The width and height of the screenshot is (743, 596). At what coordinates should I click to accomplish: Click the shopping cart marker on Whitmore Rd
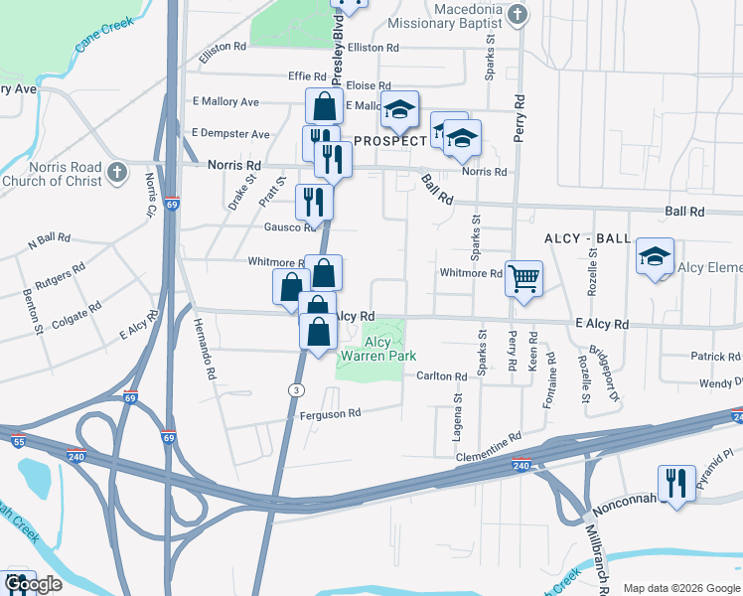pyautogui.click(x=522, y=278)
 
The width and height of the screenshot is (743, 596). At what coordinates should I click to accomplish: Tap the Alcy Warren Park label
pyautogui.click(x=377, y=348)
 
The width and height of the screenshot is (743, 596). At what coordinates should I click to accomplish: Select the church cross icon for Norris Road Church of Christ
pyautogui.click(x=117, y=173)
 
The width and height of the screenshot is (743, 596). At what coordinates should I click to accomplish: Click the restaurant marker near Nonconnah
pyautogui.click(x=675, y=484)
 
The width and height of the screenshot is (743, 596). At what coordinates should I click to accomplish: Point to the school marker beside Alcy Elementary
pyautogui.click(x=655, y=256)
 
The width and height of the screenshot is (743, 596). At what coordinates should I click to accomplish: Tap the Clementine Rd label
pyautogui.click(x=490, y=445)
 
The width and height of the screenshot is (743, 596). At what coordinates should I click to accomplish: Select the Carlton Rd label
pyautogui.click(x=442, y=376)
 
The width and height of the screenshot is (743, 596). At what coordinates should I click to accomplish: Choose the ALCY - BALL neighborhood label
pyautogui.click(x=587, y=239)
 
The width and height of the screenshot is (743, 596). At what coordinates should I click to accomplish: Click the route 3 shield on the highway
pyautogui.click(x=296, y=389)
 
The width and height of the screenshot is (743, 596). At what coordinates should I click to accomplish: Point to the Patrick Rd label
pyautogui.click(x=716, y=357)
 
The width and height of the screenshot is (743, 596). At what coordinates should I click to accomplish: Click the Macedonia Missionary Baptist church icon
pyautogui.click(x=518, y=14)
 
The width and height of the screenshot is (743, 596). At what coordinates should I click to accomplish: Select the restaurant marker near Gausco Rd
pyautogui.click(x=313, y=202)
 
